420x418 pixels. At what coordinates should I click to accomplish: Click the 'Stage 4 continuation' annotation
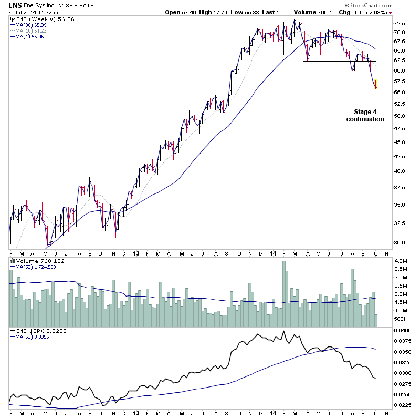pos(365,116)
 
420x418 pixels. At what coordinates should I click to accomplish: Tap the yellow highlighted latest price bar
pos(375,84)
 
